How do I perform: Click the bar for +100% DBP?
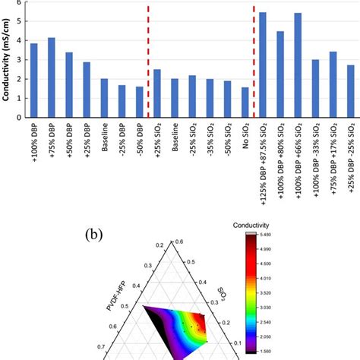pos(33,81)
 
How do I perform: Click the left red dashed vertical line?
pos(148,61)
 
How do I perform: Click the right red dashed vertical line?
pos(254,61)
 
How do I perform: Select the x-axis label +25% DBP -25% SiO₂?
pos(351,155)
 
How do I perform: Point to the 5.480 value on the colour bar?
pos(270,237)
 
